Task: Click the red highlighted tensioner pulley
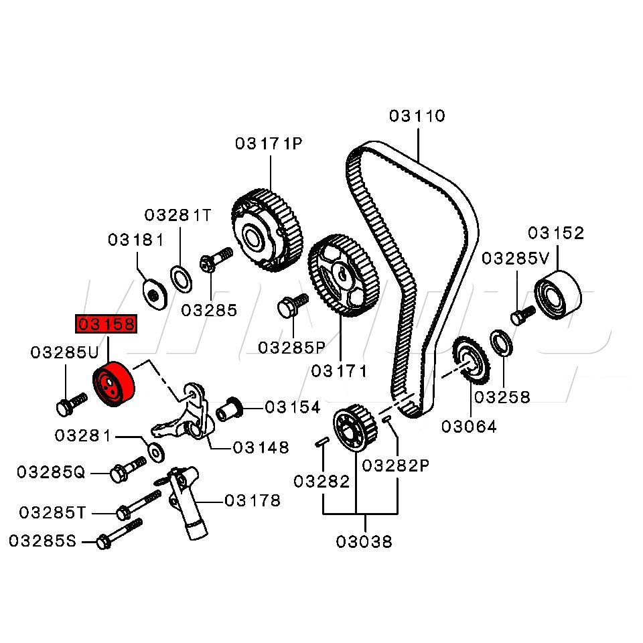[113, 384]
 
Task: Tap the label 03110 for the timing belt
[417, 116]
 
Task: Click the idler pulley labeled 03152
[558, 295]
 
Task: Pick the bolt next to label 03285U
[70, 403]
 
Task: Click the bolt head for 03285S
[103, 541]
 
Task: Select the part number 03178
[253, 500]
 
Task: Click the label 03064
[469, 427]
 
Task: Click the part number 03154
[293, 407]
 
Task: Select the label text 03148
[261, 447]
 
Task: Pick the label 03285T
[52, 512]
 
